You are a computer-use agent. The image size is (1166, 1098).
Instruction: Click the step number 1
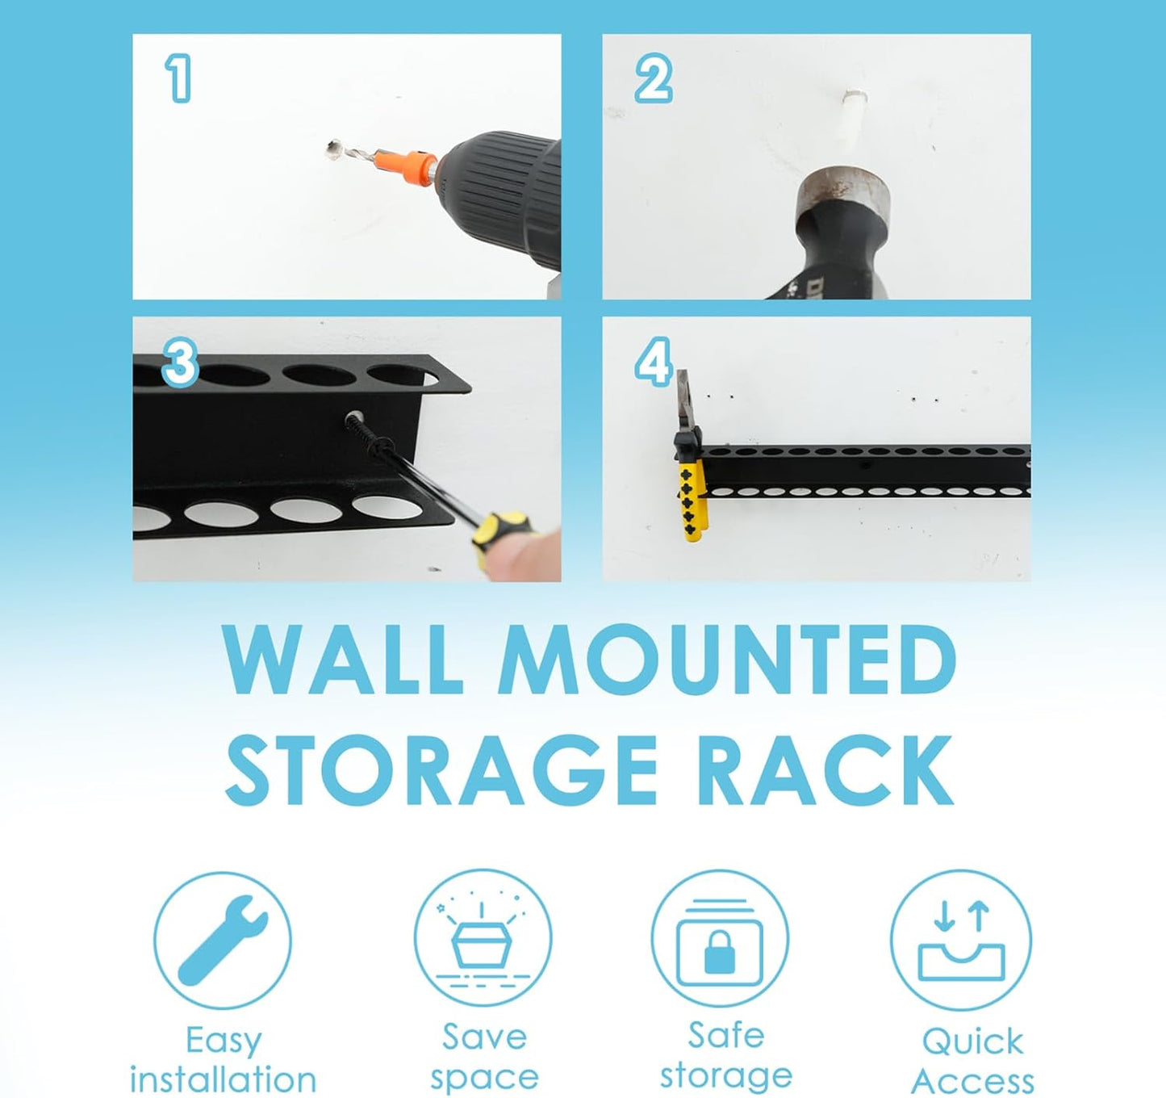click(178, 78)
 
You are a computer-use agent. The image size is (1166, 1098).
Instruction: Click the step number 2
click(652, 78)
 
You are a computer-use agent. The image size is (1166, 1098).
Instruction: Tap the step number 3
click(180, 362)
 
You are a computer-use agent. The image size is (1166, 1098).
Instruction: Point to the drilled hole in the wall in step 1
click(332, 148)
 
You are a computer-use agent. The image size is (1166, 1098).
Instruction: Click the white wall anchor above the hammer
click(854, 113)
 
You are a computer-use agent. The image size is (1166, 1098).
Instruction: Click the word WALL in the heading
click(343, 660)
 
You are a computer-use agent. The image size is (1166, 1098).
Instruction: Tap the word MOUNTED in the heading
click(726, 660)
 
